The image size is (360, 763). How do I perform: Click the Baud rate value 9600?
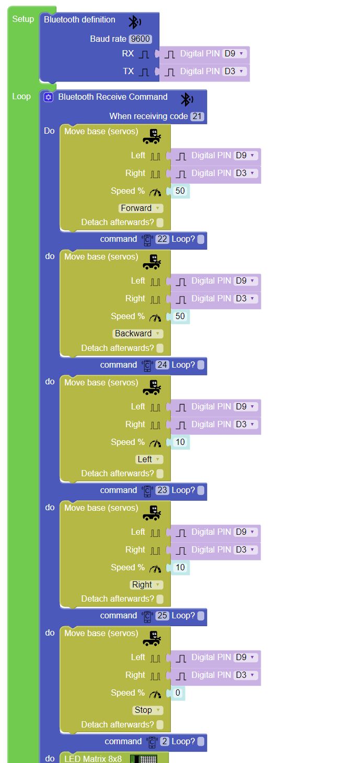140,39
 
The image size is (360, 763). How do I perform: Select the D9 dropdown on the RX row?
234,53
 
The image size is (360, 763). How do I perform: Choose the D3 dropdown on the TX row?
234,71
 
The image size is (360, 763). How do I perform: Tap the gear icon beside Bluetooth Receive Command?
49,97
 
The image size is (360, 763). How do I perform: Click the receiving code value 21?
197,116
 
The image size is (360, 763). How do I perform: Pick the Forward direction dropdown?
141,208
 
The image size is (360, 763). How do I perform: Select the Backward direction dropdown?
138,334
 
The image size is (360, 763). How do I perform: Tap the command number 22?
162,239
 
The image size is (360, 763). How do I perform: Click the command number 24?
162,365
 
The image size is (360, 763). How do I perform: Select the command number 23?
162,490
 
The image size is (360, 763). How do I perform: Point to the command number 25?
162,616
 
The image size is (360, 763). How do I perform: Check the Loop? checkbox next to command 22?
201,239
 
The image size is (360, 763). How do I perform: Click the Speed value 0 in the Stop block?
178,692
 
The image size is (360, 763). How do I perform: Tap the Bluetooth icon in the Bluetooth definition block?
134,22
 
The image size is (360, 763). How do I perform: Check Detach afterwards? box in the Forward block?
159,222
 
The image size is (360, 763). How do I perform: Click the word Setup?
23,19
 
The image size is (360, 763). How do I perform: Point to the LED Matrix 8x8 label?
93,759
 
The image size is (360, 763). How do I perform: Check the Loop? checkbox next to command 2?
201,741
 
